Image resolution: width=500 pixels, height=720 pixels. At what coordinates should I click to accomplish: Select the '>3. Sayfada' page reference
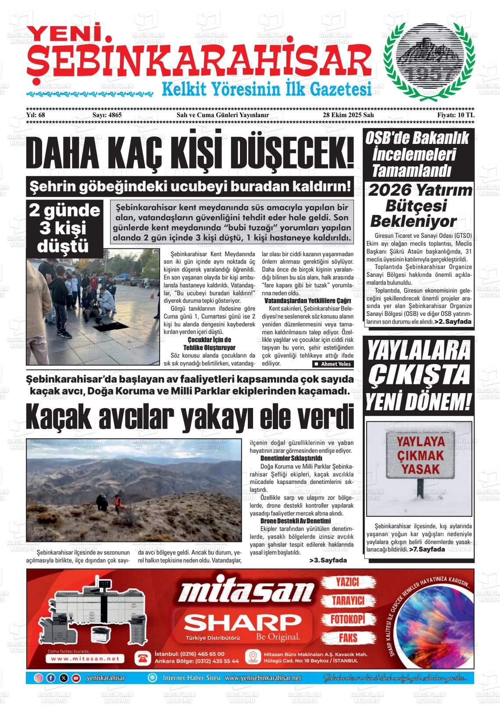click(x=328, y=560)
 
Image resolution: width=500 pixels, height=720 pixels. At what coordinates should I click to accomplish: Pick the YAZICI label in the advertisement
click(x=347, y=582)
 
